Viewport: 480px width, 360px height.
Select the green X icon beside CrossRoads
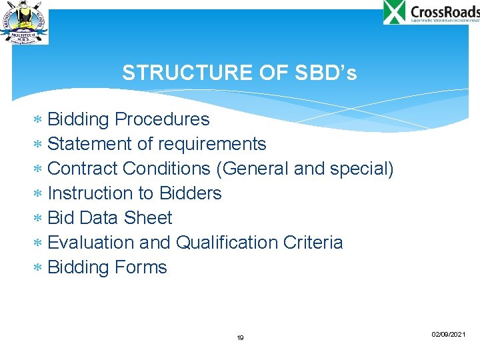click(395, 12)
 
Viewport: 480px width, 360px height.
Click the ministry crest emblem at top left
click(24, 24)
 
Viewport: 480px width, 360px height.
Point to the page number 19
click(240, 338)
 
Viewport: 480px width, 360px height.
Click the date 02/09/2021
click(448, 333)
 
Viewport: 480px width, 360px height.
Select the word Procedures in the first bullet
click(162, 119)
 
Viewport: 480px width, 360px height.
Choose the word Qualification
click(227, 243)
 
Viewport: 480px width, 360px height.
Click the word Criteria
click(313, 243)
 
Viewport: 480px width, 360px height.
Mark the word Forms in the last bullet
click(141, 267)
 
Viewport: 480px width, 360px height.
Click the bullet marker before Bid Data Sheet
click(38, 219)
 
